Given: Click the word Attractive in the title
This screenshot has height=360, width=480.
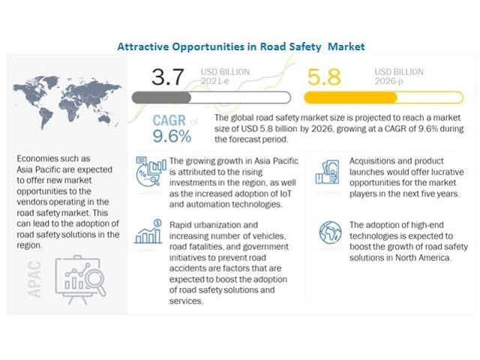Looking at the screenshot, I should coord(144,46).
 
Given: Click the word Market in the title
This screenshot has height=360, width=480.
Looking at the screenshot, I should coord(346,46).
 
